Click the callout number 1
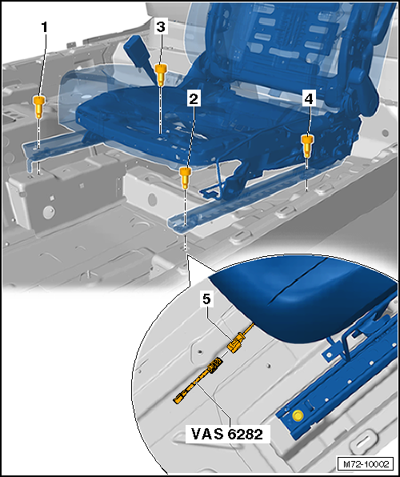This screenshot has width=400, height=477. (45, 26)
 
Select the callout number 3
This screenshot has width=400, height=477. (161, 26)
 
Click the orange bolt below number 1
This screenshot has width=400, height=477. (38, 103)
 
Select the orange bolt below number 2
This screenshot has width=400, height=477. (186, 175)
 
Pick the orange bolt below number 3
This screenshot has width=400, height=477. (161, 76)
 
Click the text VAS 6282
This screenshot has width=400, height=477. (228, 433)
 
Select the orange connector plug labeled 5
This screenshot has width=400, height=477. (236, 344)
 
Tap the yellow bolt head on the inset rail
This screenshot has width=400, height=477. (298, 415)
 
